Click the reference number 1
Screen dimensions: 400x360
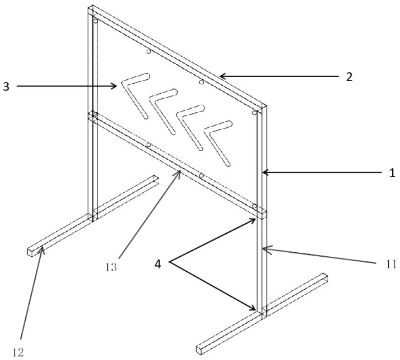pos(393,173)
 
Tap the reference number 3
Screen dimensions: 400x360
pos(6,86)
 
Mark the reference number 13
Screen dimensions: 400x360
pos(111,267)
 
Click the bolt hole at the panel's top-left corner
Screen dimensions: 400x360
pos(95,21)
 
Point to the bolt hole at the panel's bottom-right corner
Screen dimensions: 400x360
pos(254,206)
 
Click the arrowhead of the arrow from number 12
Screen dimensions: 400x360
pos(42,247)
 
